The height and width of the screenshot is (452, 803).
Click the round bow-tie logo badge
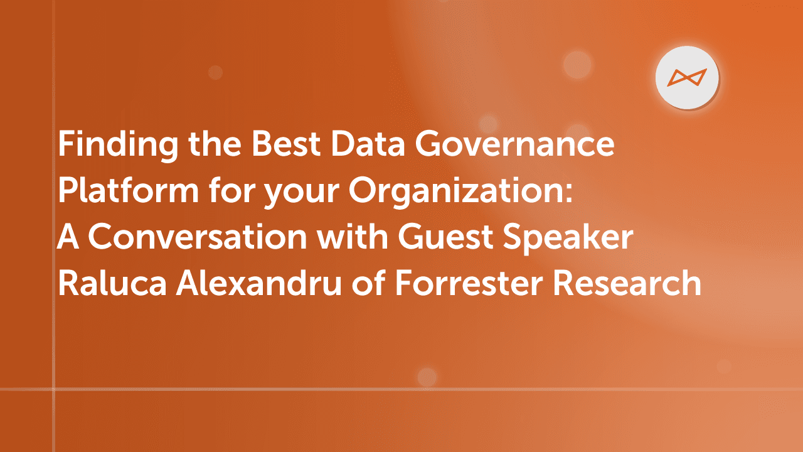point(687,77)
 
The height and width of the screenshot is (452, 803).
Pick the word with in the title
point(354,238)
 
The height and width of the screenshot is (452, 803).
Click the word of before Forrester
point(371,284)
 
